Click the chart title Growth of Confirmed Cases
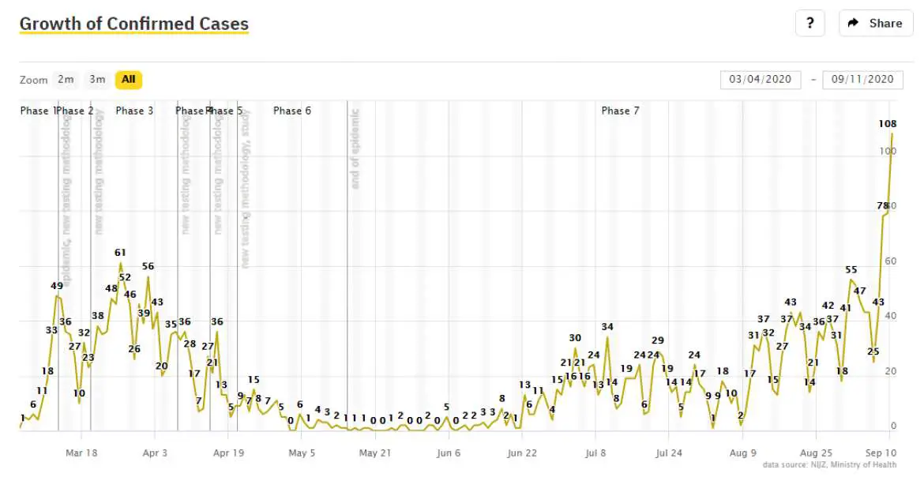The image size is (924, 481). tap(133, 24)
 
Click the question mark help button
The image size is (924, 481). tap(809, 23)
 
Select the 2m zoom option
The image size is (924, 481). tap(66, 79)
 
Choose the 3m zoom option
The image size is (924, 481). tap(97, 79)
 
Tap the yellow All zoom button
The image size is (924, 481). tap(128, 79)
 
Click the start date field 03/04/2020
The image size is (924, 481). tap(760, 79)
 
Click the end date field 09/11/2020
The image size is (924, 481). tap(862, 79)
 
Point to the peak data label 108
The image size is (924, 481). tap(887, 124)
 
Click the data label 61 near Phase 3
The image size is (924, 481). tap(120, 253)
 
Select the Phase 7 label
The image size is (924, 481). tap(620, 111)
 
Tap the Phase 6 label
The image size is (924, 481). tap(292, 111)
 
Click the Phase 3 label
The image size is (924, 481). tap(134, 111)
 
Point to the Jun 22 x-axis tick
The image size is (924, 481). tap(522, 453)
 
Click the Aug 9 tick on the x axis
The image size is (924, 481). tap(742, 453)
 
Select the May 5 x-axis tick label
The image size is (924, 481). tap(302, 453)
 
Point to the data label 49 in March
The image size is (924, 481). tap(57, 286)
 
